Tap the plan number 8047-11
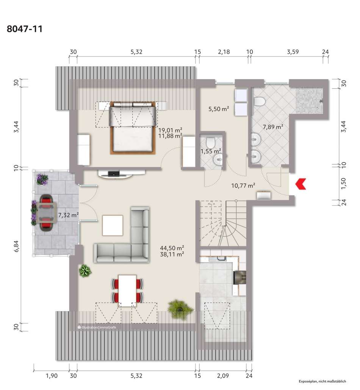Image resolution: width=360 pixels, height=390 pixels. (25, 29)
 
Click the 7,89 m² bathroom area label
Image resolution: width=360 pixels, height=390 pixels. (273, 127)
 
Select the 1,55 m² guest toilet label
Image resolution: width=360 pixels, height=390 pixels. (211, 151)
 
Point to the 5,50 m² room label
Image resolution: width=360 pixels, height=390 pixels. (219, 109)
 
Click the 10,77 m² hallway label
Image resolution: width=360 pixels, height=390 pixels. (243, 185)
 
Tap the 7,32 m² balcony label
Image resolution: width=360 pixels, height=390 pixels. (69, 215)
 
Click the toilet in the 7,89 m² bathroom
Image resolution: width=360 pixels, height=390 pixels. (259, 101)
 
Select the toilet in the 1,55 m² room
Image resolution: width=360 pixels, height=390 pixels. (211, 142)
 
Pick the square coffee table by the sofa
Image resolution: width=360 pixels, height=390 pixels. (113, 225)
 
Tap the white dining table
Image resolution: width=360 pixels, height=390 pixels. (127, 290)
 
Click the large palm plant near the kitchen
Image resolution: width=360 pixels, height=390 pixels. (180, 309)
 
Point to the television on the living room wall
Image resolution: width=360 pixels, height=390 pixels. (114, 174)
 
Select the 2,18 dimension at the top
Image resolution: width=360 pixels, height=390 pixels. (224, 52)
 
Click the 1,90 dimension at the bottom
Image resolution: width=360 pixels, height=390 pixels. (52, 376)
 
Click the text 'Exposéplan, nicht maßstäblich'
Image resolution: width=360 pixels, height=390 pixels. (322, 381)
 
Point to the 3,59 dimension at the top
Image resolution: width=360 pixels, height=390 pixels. (293, 52)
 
